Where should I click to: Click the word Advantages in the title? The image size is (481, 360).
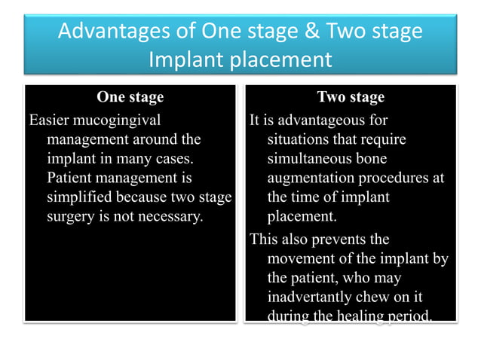point(111,32)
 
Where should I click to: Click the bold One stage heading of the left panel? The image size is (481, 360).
point(130,97)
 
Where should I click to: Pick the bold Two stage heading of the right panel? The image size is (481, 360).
point(351,97)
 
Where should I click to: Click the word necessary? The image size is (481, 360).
point(172,218)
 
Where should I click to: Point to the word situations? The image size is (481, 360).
point(299,139)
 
